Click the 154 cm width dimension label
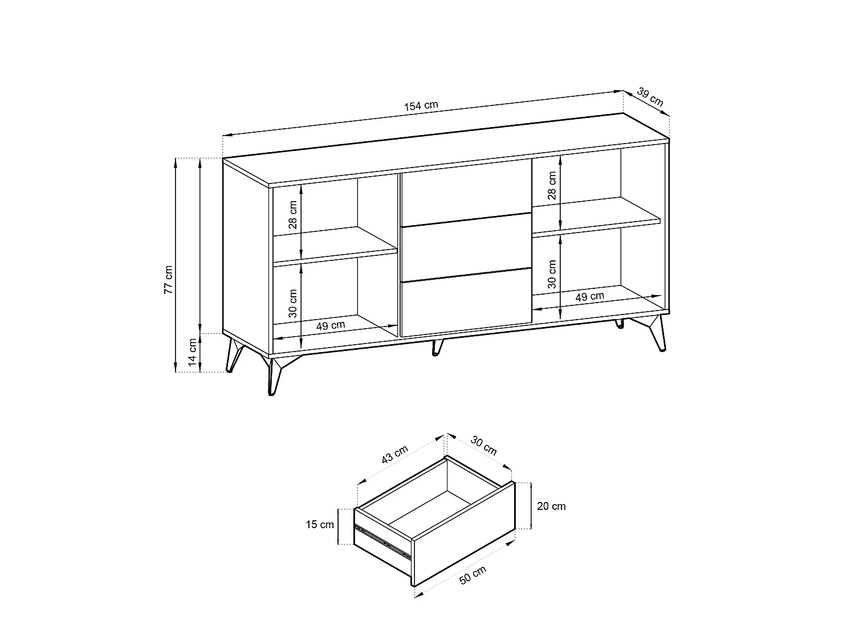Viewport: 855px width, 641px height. tap(421, 105)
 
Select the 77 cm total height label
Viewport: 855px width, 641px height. tap(168, 279)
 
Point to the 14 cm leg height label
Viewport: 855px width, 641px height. tap(193, 352)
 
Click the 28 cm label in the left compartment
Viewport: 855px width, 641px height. tap(292, 214)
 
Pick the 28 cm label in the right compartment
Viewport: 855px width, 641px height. tap(552, 185)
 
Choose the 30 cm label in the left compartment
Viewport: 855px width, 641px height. tap(292, 303)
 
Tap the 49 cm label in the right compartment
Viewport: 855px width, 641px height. tap(590, 296)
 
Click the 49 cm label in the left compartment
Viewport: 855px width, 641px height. tap(330, 325)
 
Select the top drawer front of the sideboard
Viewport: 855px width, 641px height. tap(466, 193)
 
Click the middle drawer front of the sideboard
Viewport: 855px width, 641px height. tap(466, 247)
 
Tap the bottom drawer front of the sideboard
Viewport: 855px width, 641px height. tap(466, 303)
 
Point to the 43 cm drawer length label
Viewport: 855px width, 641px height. tap(394, 455)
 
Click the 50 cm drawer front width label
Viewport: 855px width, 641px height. tap(473, 575)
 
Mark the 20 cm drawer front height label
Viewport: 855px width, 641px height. tap(551, 506)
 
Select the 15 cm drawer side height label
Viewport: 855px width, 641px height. tap(319, 524)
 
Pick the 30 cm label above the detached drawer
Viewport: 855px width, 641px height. tap(483, 446)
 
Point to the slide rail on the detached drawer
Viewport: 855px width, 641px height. tap(382, 540)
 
